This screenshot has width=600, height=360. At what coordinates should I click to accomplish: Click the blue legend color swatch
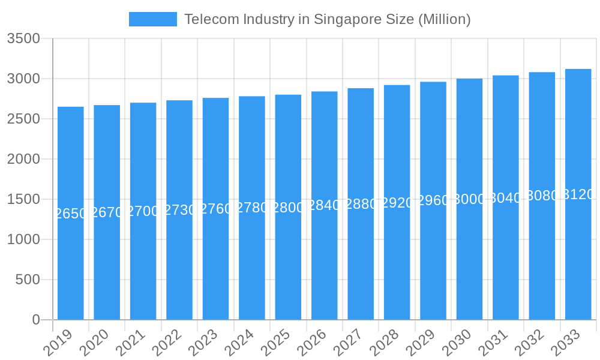click(153, 19)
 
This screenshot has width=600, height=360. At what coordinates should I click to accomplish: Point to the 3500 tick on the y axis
click(23, 39)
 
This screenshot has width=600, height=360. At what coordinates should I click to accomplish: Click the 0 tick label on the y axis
click(36, 320)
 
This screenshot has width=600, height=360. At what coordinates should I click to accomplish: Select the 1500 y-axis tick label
click(23, 199)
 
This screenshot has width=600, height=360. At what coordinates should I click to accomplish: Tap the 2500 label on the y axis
click(23, 119)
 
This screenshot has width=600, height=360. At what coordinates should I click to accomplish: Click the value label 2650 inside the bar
click(71, 214)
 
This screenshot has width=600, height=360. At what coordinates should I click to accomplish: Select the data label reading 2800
click(288, 208)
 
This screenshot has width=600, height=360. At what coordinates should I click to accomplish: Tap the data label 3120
click(578, 194)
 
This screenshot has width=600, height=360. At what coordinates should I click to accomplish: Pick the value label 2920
click(397, 203)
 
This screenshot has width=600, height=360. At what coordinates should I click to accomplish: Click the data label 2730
click(179, 210)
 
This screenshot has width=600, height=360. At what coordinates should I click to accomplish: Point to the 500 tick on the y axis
click(28, 280)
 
